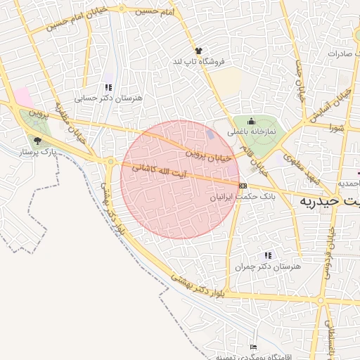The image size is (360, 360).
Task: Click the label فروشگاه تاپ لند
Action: coord(198,62)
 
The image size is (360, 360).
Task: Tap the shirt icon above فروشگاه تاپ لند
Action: coord(198,51)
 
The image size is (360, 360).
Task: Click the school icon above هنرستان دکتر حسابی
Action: coord(108,88)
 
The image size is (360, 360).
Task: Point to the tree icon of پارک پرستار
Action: coord(37,140)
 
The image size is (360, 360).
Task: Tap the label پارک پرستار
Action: coord(38,151)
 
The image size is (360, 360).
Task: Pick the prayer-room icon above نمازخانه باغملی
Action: coord(251,121)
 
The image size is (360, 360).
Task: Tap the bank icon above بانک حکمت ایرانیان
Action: coord(243,186)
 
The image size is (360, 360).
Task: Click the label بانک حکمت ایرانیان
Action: coord(243,197)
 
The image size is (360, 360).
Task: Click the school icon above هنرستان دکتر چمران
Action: coord(267,255)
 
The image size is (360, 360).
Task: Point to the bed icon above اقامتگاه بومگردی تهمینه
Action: coord(253,347)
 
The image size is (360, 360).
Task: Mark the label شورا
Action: coord(335,128)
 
